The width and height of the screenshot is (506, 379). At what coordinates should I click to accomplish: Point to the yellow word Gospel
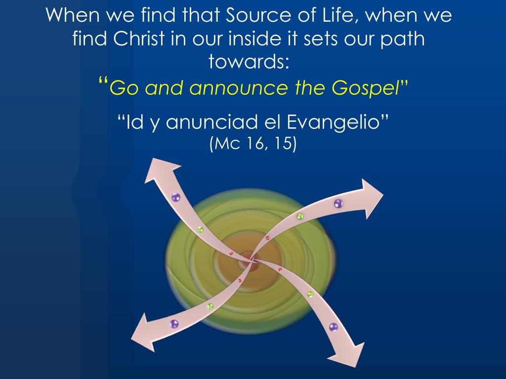(365, 88)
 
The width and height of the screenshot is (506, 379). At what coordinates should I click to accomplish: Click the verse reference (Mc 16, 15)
(253, 144)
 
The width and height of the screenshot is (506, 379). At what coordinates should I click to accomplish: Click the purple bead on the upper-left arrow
(176, 198)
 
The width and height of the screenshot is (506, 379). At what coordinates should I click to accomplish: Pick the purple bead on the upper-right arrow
(338, 203)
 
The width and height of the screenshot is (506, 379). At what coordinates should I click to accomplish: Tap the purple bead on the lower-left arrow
(174, 324)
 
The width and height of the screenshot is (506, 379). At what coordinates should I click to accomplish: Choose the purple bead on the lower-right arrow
(334, 327)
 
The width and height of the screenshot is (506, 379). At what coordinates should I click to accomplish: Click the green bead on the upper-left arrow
(200, 229)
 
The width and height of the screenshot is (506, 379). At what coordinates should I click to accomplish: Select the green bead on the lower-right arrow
(310, 294)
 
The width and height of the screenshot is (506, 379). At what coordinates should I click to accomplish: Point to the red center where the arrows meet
(252, 259)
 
